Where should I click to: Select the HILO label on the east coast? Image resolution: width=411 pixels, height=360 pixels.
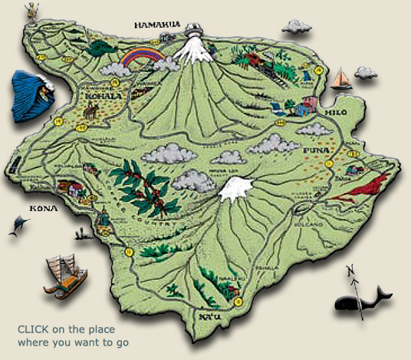click(x=337, y=112)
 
